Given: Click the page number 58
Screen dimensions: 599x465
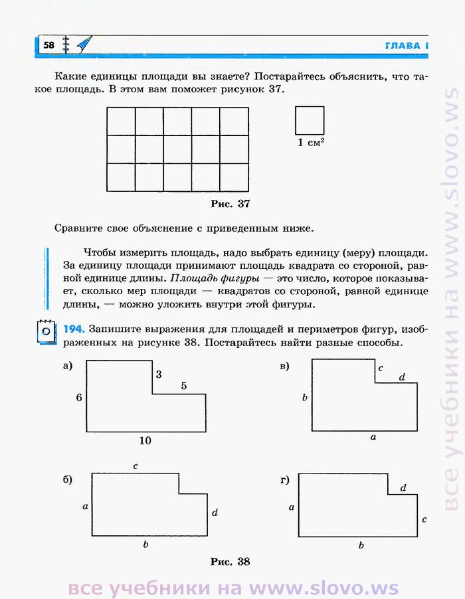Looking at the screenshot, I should pyautogui.click(x=48, y=45).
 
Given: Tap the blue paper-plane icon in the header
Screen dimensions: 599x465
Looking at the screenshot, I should pyautogui.click(x=83, y=44).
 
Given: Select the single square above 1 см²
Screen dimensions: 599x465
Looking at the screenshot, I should pyautogui.click(x=310, y=120).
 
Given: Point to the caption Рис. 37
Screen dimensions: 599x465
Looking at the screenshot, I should pyautogui.click(x=230, y=204).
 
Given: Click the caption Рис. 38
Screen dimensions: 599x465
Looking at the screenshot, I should pyautogui.click(x=230, y=562).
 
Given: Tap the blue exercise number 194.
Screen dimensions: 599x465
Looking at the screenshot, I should pyautogui.click(x=73, y=329).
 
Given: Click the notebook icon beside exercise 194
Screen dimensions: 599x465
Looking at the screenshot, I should pyautogui.click(x=45, y=331).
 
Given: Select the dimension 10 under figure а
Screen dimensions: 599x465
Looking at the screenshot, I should pyautogui.click(x=145, y=440).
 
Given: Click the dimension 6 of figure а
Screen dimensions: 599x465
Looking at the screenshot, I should pyautogui.click(x=78, y=397).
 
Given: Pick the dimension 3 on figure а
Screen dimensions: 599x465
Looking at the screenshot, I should pyautogui.click(x=159, y=375).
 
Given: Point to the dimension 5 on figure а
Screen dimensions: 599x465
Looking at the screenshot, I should pyautogui.click(x=183, y=385).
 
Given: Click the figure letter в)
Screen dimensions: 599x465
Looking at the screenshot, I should pyautogui.click(x=284, y=366).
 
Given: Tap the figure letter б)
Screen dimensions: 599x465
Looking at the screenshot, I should pyautogui.click(x=67, y=479).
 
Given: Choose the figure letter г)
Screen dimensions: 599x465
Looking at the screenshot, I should pyautogui.click(x=284, y=479).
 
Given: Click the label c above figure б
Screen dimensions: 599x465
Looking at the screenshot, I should pyautogui.click(x=135, y=466).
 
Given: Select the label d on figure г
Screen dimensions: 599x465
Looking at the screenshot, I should pyautogui.click(x=403, y=488).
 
